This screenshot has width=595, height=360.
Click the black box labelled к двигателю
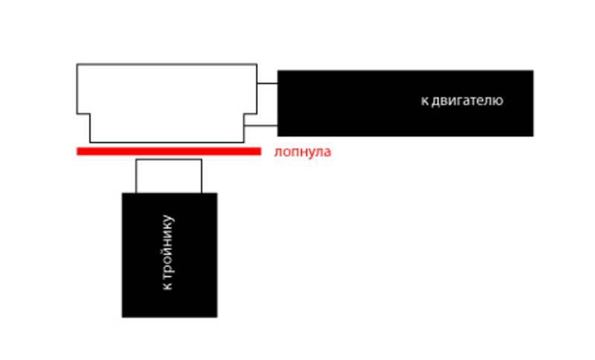coord(405,103)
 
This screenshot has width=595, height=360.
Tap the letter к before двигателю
coord(425,100)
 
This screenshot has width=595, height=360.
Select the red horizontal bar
coord(169,151)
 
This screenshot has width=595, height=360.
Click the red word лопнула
coord(302,152)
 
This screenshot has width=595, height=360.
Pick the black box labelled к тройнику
coord(170,254)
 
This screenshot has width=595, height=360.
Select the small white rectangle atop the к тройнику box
coord(169,176)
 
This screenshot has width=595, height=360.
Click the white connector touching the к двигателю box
coord(267,104)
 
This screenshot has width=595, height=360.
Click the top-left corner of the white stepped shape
coord(77,65)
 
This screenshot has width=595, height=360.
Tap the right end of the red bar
coord(259,151)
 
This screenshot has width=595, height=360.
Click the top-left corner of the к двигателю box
coord(278,71)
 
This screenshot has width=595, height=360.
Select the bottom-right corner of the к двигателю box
coord(533,135)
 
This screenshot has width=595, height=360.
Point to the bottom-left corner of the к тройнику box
coord(123,316)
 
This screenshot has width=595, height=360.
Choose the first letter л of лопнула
coord(277,152)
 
